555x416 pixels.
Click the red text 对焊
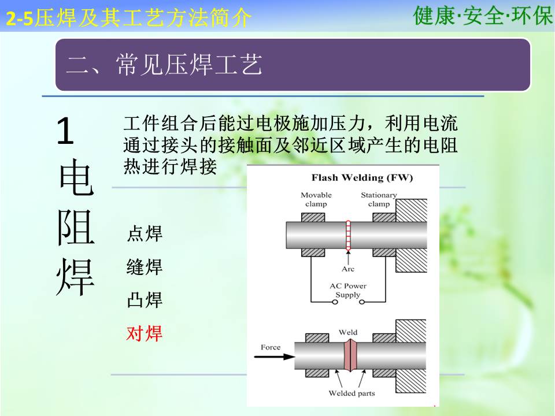tap(144, 333)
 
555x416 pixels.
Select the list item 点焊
tap(145, 233)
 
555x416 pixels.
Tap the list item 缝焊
tap(145, 267)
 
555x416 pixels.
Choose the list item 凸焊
tap(145, 300)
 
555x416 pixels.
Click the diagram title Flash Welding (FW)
tap(362, 177)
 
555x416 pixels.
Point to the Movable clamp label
tap(316, 199)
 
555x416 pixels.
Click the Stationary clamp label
tap(379, 199)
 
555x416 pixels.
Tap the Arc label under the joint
tap(348, 269)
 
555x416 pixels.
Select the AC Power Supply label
tap(348, 291)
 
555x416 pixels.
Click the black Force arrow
tap(275, 356)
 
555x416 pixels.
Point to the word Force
tap(271, 347)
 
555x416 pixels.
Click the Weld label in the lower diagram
tap(348, 333)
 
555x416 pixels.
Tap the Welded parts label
tap(351, 393)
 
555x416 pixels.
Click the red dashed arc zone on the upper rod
tap(348, 236)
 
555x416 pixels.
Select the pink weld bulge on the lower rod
tap(350, 355)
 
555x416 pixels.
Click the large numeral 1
tap(65, 131)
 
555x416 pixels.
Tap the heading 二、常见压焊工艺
tap(164, 65)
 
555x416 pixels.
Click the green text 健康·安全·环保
tap(483, 16)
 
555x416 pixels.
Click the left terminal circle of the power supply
tap(335, 302)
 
